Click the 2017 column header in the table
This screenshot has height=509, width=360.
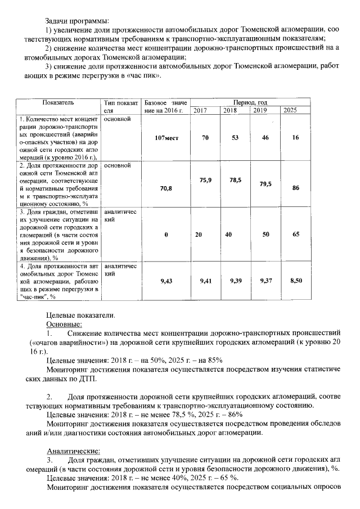click(x=200, y=111)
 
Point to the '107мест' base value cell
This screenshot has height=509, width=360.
click(x=165, y=138)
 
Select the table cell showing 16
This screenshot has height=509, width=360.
click(x=295, y=138)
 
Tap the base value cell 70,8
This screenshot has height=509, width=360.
click(x=166, y=188)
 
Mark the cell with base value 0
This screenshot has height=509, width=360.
click(x=166, y=234)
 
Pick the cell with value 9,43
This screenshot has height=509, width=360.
click(x=166, y=280)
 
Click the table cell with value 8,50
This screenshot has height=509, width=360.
click(x=296, y=280)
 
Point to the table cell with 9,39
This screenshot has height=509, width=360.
click(x=236, y=280)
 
